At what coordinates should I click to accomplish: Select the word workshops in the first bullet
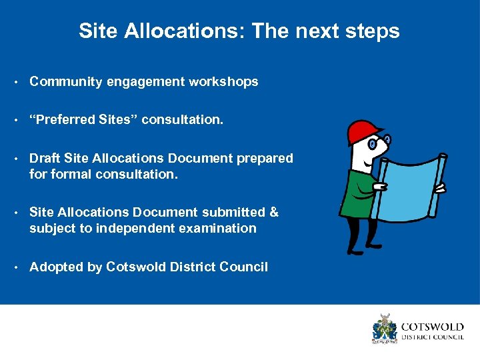223,82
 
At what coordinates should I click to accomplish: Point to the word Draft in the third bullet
45,159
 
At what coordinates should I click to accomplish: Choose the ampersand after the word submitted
273,213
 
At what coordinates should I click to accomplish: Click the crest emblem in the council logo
384,328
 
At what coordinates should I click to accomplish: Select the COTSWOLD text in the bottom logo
431,327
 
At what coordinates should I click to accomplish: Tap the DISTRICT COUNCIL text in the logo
431,337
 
